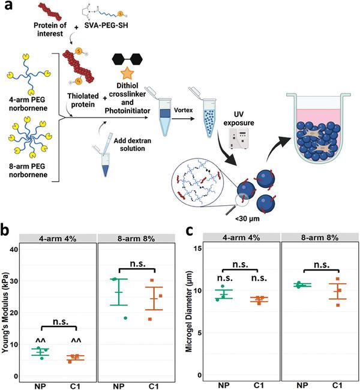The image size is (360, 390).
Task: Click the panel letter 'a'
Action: tap(7, 8)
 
